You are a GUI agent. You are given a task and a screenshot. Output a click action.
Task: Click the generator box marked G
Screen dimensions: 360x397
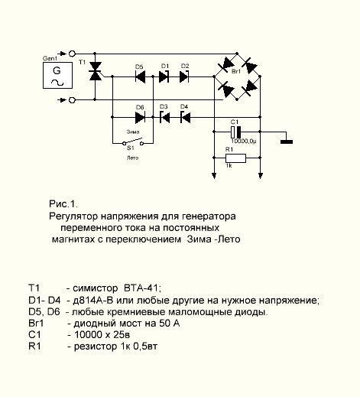[57, 75]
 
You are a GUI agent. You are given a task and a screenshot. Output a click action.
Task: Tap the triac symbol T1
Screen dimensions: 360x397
[95, 71]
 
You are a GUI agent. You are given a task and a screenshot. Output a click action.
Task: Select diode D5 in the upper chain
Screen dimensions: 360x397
[140, 76]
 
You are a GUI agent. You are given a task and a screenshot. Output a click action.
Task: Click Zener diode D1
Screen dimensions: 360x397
[164, 76]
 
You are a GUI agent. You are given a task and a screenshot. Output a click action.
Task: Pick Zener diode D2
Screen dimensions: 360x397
[184, 76]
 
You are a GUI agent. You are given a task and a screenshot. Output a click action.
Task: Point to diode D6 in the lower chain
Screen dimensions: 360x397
[140, 117]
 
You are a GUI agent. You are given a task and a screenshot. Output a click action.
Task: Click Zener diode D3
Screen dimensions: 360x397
[164, 117]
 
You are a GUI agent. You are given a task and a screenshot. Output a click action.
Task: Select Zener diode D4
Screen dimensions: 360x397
[186, 117]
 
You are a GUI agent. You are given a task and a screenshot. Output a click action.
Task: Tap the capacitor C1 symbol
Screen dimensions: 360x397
[235, 132]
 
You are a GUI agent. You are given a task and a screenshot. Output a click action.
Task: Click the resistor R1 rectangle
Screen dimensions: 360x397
[235, 158]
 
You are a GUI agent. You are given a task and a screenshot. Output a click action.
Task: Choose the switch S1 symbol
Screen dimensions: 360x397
[133, 142]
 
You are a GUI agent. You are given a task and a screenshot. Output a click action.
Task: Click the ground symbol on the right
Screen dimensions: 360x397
[287, 142]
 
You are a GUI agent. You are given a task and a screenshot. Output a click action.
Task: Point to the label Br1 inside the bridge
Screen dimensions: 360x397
[236, 71]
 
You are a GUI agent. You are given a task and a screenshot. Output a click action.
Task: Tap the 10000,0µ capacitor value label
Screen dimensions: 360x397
[244, 142]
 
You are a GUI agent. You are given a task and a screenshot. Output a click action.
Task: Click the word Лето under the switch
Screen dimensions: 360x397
[132, 158]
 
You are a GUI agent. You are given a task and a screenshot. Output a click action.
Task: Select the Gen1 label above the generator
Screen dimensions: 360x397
[50, 58]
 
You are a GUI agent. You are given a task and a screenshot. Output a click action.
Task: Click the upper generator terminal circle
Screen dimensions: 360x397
[73, 54]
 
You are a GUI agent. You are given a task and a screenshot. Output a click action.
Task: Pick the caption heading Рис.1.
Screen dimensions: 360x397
[63, 204]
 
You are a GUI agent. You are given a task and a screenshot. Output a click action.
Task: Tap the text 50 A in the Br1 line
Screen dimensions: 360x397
[170, 324]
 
